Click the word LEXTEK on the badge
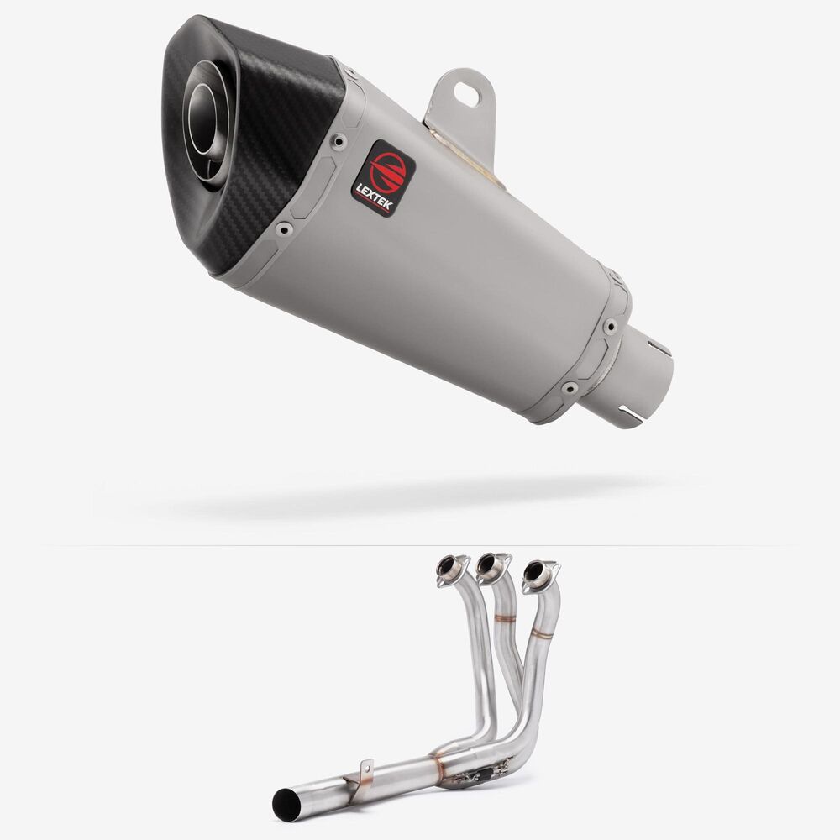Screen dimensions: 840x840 pos(374,197)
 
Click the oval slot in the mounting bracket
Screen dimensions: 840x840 pos(466,94)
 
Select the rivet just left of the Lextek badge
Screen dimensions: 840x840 pos(339,141)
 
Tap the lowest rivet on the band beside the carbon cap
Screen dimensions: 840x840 pos(283,230)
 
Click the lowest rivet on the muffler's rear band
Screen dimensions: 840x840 pos(569,387)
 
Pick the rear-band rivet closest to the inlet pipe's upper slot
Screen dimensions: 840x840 pos(610,326)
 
